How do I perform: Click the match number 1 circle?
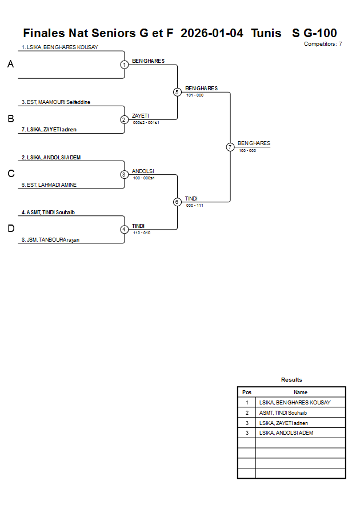[x=124, y=65]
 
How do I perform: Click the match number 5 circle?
[x=177, y=92]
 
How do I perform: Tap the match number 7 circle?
[x=230, y=147]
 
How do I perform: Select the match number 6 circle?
[x=177, y=202]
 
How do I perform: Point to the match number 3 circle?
[x=124, y=174]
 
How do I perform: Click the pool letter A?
[x=10, y=65]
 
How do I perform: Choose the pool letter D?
[x=10, y=229]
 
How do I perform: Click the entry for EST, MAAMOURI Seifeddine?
[x=56, y=102]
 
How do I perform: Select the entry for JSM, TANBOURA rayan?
[x=50, y=240]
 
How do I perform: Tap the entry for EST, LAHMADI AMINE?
[x=49, y=185]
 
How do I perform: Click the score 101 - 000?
[x=195, y=95]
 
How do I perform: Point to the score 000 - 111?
[x=195, y=205]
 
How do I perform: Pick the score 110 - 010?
[x=142, y=233]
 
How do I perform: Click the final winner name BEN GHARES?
[x=254, y=143]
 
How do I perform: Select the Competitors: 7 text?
[x=323, y=44]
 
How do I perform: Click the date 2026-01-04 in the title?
[x=211, y=33]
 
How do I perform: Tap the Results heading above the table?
[x=291, y=380]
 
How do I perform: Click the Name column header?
[x=301, y=392]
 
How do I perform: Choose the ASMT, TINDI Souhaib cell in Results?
[x=283, y=412]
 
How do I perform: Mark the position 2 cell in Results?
[x=247, y=412]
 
